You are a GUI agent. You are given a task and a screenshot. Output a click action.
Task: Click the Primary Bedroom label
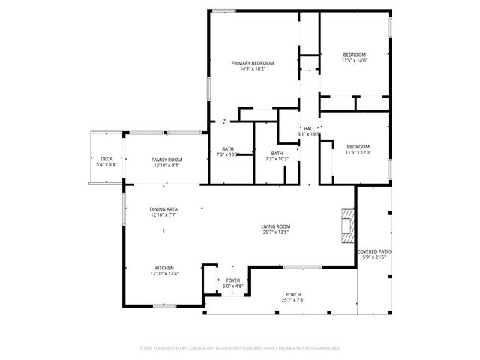pyautogui.click(x=253, y=63)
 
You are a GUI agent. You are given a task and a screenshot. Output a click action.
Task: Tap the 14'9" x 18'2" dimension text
pyautogui.click(x=253, y=69)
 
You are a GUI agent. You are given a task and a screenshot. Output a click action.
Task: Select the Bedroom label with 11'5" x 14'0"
pyautogui.click(x=354, y=55)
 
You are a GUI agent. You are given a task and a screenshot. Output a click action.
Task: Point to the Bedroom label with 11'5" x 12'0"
pyautogui.click(x=357, y=146)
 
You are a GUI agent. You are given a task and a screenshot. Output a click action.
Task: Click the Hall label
pyautogui.click(x=309, y=129)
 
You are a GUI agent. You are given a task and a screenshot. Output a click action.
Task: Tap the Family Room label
pyautogui.click(x=166, y=160)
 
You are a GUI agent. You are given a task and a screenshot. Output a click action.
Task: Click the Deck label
pyautogui.click(x=106, y=159)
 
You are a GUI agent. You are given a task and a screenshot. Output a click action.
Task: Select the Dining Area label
pyautogui.click(x=163, y=209)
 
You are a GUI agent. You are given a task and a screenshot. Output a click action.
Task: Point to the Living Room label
pyautogui.click(x=276, y=226)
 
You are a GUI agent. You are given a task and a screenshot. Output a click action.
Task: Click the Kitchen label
pyautogui.click(x=165, y=268)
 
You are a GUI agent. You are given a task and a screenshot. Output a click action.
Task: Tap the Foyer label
pyautogui.click(x=232, y=280)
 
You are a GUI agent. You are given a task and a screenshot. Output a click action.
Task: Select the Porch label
pyautogui.click(x=293, y=294)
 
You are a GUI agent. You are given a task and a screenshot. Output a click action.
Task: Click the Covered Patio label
pyautogui.click(x=374, y=251)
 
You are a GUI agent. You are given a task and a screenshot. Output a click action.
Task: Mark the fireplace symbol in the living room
pyautogui.click(x=346, y=225)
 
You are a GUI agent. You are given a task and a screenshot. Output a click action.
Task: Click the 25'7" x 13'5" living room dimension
pyautogui.click(x=276, y=232)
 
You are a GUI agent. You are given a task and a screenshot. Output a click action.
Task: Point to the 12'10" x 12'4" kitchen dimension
pyautogui.click(x=165, y=274)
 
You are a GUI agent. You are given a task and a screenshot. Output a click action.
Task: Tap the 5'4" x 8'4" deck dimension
pyautogui.click(x=106, y=165)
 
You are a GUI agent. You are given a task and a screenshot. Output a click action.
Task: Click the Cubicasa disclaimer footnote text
pyautogui.click(x=240, y=348)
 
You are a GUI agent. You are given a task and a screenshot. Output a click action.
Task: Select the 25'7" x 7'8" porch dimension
pyautogui.click(x=293, y=300)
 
